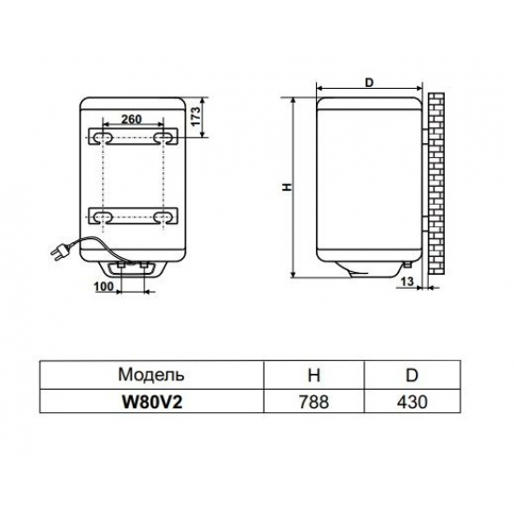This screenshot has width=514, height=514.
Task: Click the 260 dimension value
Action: [132, 120]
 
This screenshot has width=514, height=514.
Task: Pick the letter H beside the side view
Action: [287, 187]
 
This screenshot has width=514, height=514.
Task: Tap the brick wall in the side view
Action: [435, 182]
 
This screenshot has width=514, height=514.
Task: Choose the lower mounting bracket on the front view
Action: [132, 217]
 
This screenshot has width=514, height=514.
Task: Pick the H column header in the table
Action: [314, 375]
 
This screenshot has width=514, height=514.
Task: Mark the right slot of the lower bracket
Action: [164, 217]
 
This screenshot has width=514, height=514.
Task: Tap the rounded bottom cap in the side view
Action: [368, 272]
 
